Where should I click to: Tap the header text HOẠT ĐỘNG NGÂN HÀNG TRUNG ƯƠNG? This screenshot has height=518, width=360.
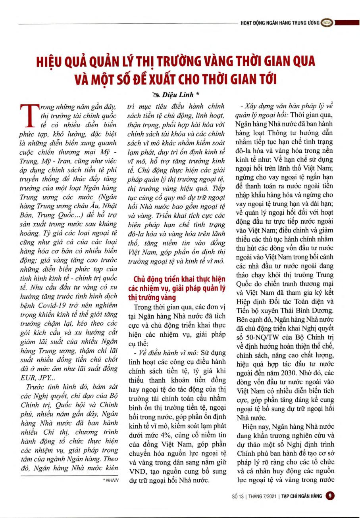[280, 23]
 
